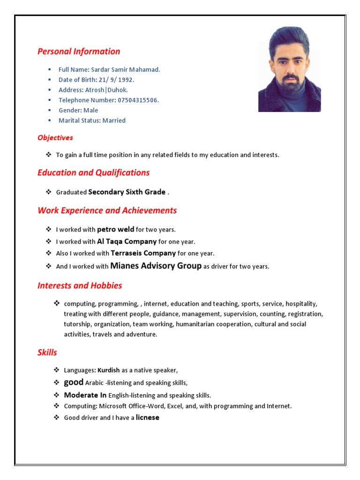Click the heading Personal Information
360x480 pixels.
click(79, 52)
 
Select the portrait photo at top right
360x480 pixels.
click(289, 69)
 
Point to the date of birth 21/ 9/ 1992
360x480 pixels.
click(116, 80)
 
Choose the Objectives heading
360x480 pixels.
click(55, 138)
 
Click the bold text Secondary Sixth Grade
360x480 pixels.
click(127, 192)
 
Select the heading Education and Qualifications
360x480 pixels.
click(93, 172)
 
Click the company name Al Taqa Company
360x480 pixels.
click(127, 241)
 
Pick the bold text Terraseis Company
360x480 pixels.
click(143, 253)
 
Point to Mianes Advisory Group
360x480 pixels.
click(156, 266)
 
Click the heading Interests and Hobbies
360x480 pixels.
click(80, 285)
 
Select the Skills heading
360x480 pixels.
click(47, 352)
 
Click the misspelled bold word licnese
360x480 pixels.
click(148, 418)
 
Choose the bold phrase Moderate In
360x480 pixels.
click(85, 395)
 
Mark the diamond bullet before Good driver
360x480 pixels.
click(57, 417)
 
